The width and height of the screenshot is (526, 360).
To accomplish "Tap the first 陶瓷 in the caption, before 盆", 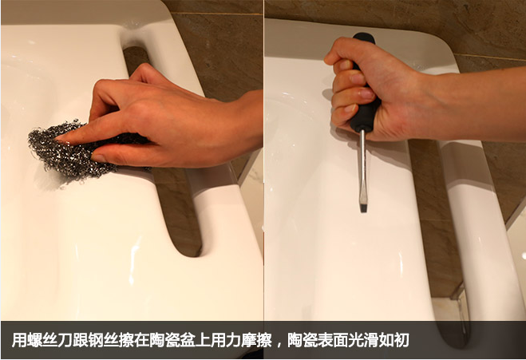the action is [x=162, y=340].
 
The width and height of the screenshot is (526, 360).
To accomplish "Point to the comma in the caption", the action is [x=279, y=344].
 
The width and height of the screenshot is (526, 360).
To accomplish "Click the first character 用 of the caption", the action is [x=18, y=340].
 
